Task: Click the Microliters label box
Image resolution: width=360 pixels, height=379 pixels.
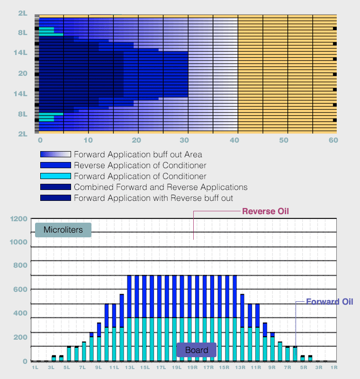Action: click(63, 230)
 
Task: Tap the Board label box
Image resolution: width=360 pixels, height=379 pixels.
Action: click(197, 350)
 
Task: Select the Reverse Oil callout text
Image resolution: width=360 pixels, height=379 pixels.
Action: click(266, 211)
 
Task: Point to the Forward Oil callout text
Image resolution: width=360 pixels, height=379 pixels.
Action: click(330, 302)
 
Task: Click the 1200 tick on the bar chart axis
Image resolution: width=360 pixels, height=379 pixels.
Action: click(18, 219)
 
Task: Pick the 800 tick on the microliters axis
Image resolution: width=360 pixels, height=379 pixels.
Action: click(20, 265)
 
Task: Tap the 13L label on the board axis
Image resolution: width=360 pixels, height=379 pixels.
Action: click(130, 368)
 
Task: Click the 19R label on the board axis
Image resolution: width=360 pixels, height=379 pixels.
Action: click(193, 368)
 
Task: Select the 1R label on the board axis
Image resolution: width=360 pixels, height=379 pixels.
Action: click(334, 368)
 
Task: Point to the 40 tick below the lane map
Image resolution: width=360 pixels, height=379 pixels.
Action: click(234, 140)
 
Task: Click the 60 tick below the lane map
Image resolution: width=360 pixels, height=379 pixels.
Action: click(333, 140)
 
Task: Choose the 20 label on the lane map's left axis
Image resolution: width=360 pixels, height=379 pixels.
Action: click(23, 73)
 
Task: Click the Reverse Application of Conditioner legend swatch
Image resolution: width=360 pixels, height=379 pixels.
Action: click(55, 165)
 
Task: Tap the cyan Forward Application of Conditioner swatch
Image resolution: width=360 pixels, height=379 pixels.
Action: click(55, 176)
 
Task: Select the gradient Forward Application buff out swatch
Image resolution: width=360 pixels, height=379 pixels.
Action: click(55, 154)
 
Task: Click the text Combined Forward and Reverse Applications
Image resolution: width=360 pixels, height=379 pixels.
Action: click(161, 187)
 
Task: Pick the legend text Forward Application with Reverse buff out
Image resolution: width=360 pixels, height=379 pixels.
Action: click(153, 198)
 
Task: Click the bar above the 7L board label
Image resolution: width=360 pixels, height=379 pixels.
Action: click(84, 352)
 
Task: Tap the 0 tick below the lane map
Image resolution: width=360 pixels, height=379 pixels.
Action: click(40, 140)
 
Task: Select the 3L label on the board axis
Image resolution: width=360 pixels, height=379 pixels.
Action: click(51, 368)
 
